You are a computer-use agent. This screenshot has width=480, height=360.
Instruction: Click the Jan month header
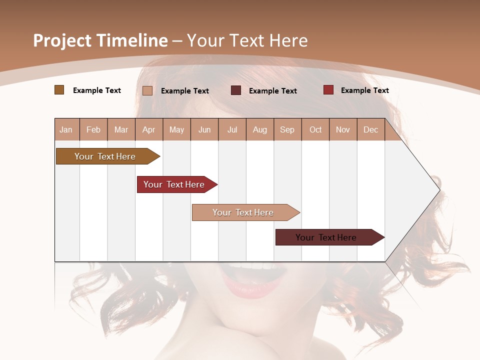(x=66, y=130)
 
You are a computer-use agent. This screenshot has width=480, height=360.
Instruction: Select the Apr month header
(x=149, y=130)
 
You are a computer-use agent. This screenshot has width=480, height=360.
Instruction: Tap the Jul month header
(x=232, y=130)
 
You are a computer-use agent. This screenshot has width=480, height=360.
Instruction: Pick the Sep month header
(x=287, y=130)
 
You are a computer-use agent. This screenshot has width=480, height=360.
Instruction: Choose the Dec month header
(x=370, y=130)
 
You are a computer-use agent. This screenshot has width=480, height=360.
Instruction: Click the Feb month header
(x=93, y=130)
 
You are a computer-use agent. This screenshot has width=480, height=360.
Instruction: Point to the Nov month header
(x=343, y=130)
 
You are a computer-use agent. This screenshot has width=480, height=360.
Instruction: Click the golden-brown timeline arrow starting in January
(x=105, y=156)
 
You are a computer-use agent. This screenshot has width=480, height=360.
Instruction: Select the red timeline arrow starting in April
(x=174, y=184)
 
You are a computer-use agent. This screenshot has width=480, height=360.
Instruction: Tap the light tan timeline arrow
(x=243, y=212)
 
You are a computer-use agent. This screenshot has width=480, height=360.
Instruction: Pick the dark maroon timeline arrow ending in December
(x=326, y=237)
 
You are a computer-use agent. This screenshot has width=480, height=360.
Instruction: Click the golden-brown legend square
(x=59, y=90)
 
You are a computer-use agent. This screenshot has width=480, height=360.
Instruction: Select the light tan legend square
(x=147, y=90)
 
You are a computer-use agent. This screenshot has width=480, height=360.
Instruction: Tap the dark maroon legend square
(x=235, y=90)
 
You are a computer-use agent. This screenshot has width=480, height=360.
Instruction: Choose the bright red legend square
(x=328, y=90)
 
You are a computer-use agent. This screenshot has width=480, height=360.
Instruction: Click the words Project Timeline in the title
(x=100, y=40)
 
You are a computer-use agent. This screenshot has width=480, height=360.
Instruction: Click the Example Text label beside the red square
(x=364, y=90)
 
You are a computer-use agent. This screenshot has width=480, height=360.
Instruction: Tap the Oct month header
(x=315, y=130)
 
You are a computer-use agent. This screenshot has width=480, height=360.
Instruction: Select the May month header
(x=176, y=130)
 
